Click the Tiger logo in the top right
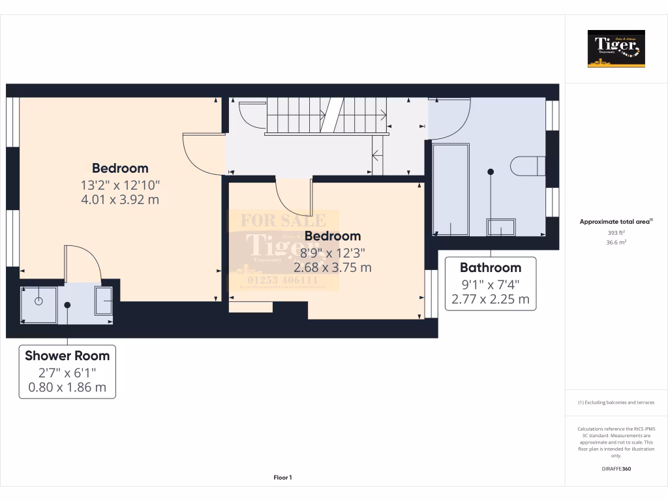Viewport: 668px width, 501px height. click(616, 49)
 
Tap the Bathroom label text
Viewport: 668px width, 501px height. click(491, 267)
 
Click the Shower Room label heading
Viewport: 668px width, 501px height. click(67, 356)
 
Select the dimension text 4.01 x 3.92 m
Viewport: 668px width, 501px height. click(120, 200)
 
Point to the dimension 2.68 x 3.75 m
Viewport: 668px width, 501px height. click(333, 267)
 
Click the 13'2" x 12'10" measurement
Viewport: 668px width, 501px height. click(120, 185)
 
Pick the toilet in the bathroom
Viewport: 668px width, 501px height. click(527, 166)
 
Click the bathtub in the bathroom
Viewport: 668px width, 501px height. click(451, 190)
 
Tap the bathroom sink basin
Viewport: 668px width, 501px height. click(500, 227)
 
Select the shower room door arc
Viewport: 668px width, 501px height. click(82, 264)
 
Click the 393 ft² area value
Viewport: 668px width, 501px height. click(616, 232)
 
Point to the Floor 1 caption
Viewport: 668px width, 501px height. click(282, 478)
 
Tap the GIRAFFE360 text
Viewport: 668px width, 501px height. click(616, 468)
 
